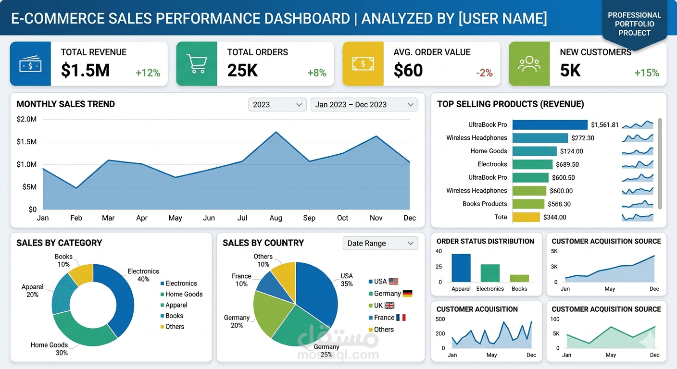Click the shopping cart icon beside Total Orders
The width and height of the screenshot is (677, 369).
click(196, 64)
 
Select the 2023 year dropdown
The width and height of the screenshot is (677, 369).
click(277, 105)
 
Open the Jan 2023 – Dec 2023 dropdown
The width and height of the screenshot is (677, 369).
click(364, 105)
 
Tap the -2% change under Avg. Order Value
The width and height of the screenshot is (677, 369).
click(484, 73)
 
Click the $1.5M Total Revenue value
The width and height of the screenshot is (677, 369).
click(85, 71)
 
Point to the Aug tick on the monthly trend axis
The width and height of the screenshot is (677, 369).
click(276, 218)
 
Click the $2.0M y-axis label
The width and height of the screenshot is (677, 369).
click(26, 119)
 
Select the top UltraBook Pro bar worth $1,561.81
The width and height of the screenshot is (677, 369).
click(550, 125)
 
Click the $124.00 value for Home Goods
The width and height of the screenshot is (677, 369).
click(571, 151)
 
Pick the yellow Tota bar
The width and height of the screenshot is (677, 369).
click(526, 217)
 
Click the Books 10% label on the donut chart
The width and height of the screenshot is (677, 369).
click(63, 260)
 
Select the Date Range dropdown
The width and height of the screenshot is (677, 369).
click(380, 243)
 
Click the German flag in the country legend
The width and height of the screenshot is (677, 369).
click(407, 294)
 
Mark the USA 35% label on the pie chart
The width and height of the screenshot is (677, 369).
click(346, 280)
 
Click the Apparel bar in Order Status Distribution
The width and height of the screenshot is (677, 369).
click(461, 268)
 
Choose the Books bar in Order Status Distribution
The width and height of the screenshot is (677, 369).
click(519, 278)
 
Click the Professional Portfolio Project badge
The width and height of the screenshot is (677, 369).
click(634, 24)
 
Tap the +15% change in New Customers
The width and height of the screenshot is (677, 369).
click(646, 73)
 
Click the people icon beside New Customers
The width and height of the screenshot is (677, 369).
click(529, 64)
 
